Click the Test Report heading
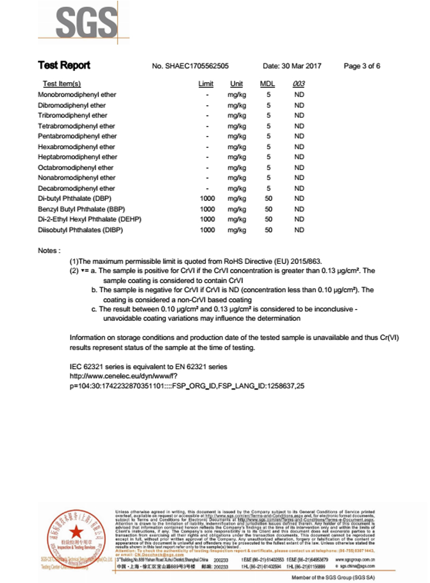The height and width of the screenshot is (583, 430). click(x=64, y=66)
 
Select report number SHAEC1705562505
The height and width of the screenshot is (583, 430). click(x=191, y=66)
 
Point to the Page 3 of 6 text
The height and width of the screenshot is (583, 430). click(x=362, y=66)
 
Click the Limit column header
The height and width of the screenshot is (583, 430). click(x=206, y=84)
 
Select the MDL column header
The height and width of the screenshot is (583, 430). click(x=268, y=84)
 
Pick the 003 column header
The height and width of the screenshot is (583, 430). click(x=299, y=84)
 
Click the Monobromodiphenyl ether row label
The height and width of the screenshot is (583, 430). click(x=77, y=95)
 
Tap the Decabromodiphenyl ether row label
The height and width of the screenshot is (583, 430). click(x=76, y=189)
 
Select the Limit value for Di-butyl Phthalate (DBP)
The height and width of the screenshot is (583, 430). click(x=207, y=199)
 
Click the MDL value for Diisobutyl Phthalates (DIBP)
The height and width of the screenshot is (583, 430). click(x=268, y=230)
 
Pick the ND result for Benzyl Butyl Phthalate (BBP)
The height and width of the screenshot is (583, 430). click(x=299, y=209)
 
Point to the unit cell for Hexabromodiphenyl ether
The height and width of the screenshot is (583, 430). click(x=236, y=147)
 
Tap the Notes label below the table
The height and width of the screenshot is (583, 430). click(x=49, y=251)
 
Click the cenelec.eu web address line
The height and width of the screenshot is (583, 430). click(x=124, y=376)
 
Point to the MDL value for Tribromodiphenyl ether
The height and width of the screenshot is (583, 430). click(x=268, y=116)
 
